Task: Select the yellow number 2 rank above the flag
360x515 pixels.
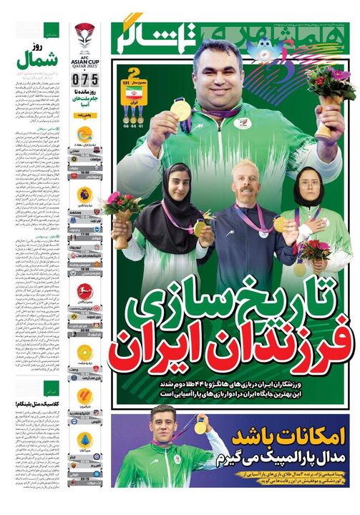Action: click(131, 74)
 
